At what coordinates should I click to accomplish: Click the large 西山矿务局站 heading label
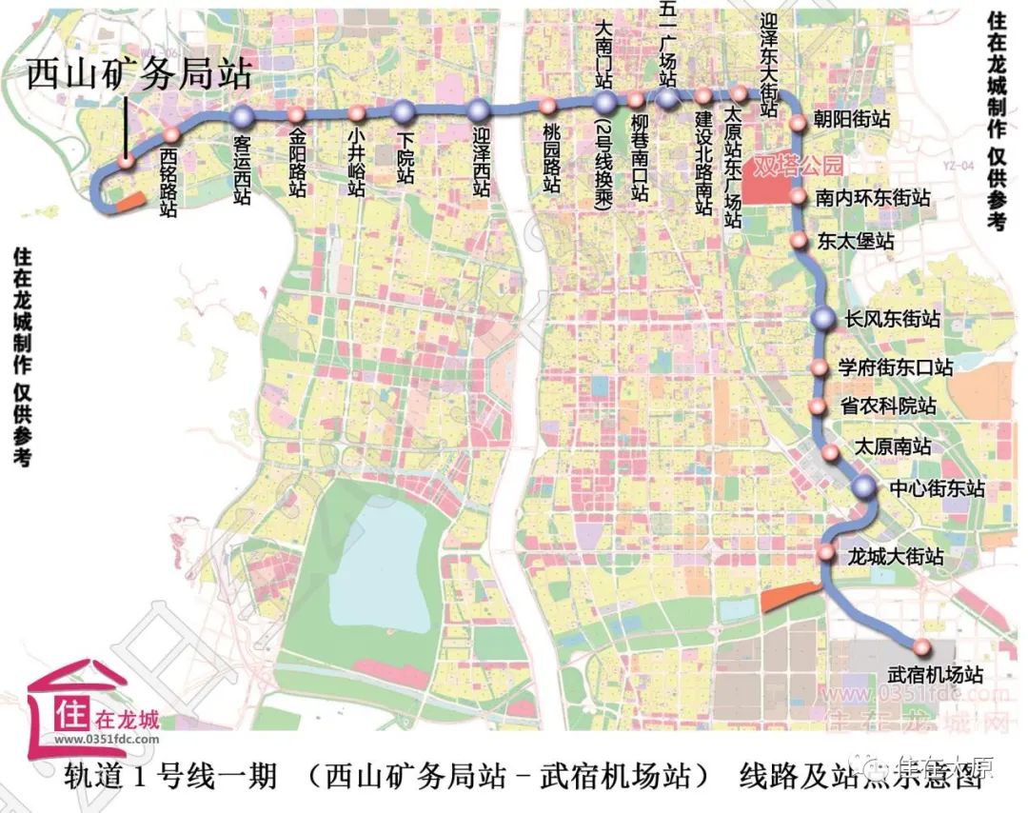(139, 73)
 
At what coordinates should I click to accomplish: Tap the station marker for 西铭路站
(172, 135)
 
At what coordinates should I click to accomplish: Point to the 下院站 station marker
(404, 110)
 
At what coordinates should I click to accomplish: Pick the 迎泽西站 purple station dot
(479, 110)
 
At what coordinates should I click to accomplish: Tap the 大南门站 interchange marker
(605, 103)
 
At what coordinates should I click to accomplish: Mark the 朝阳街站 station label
(852, 121)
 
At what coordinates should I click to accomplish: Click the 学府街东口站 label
(895, 367)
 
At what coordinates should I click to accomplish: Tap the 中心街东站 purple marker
(864, 488)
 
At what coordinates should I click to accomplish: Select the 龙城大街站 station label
(895, 555)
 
